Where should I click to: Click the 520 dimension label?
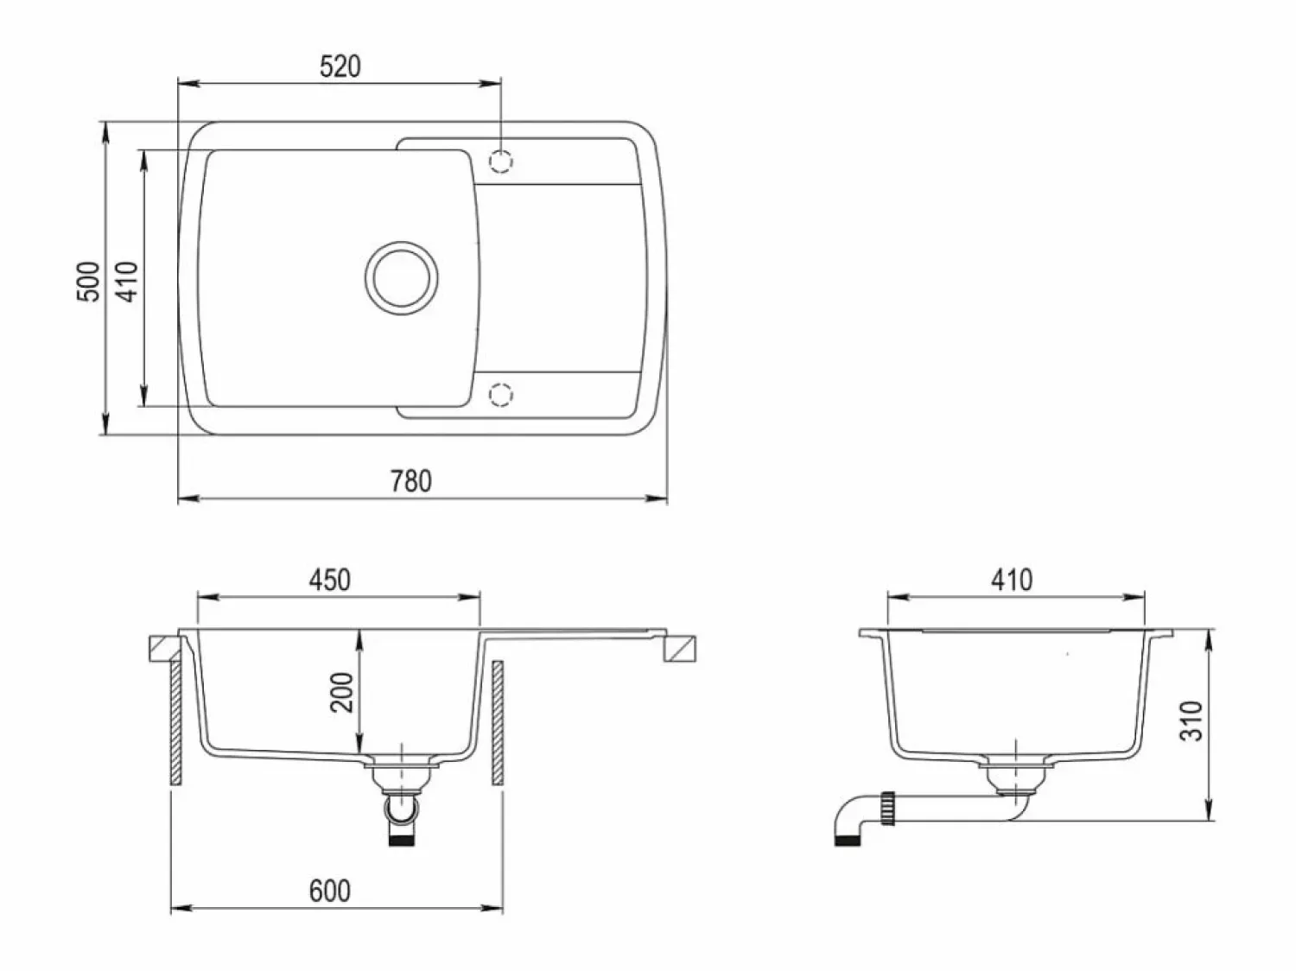pyautogui.click(x=340, y=67)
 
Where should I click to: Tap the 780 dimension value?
pyautogui.click(x=411, y=480)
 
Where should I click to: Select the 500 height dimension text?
pyautogui.click(x=89, y=282)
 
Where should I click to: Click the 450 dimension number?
pyautogui.click(x=329, y=580)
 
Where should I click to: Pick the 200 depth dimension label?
pyautogui.click(x=341, y=692)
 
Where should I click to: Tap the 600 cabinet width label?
pyautogui.click(x=329, y=891)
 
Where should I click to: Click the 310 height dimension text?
pyautogui.click(x=1191, y=720)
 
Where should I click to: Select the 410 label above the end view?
pyautogui.click(x=1012, y=580)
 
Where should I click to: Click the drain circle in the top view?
pyautogui.click(x=402, y=278)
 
